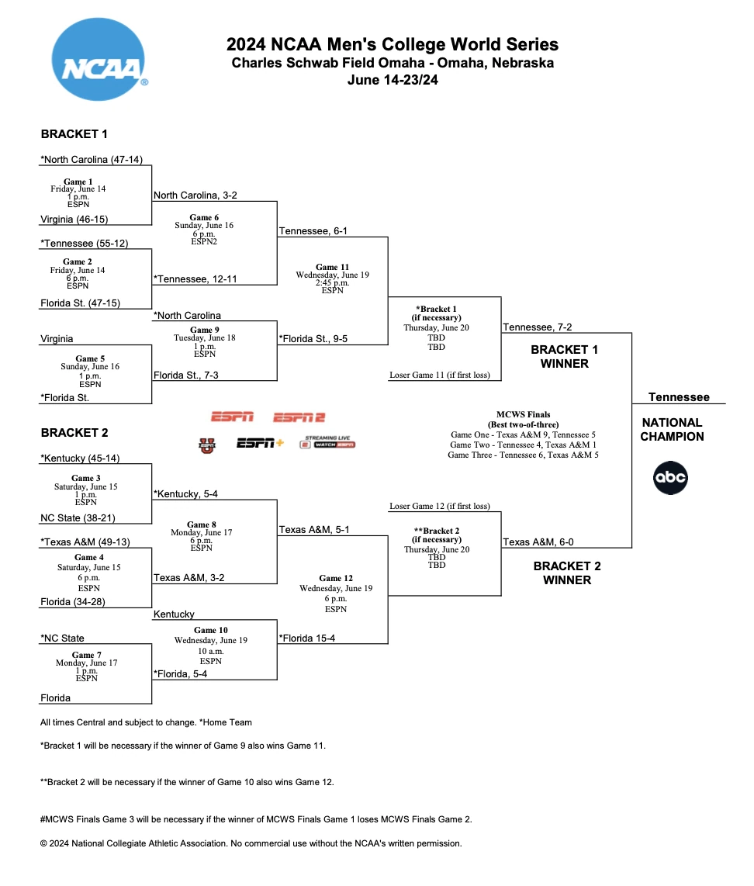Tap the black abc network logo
click(x=670, y=478)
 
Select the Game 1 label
click(x=74, y=182)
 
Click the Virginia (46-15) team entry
click(x=74, y=220)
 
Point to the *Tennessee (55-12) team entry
click(x=84, y=243)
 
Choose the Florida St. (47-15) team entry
click(x=80, y=303)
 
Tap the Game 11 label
click(x=331, y=267)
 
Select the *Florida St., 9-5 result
click(x=313, y=338)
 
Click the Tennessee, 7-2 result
click(x=538, y=327)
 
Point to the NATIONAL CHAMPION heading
click(x=672, y=429)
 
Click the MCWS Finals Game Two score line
click(x=526, y=445)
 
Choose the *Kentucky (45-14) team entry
click(x=80, y=458)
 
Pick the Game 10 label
click(x=211, y=630)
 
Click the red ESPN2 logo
click(x=299, y=417)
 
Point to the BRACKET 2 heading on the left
click(x=74, y=432)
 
